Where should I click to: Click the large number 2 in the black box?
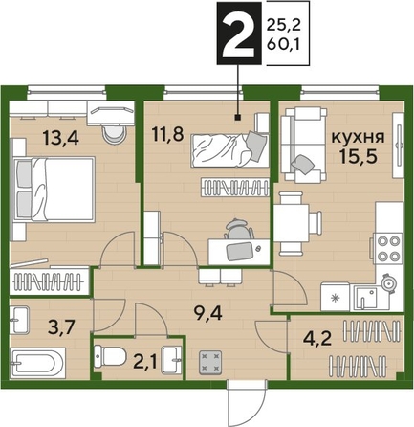pos(238,36)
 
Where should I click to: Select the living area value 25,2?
pos(284,26)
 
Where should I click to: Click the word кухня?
pos(359,137)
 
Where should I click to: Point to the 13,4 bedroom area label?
pos(61,139)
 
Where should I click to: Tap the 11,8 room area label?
pos(167,135)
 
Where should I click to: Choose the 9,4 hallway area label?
pos(208,313)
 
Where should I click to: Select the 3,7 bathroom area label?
pos(61,327)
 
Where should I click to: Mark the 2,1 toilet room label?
pos(145,363)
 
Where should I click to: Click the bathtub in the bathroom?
pos(37,363)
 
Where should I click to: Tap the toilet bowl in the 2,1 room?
pos(109,356)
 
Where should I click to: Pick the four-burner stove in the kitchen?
pos(388,248)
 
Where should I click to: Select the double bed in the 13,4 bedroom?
pos(54,189)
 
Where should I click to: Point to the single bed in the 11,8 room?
pos(229,149)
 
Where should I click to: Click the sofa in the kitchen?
pos(304,145)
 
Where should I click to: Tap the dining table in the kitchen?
pos(292,223)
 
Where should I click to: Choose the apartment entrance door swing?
pos(248,402)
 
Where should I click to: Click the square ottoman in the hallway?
pos(210,362)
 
